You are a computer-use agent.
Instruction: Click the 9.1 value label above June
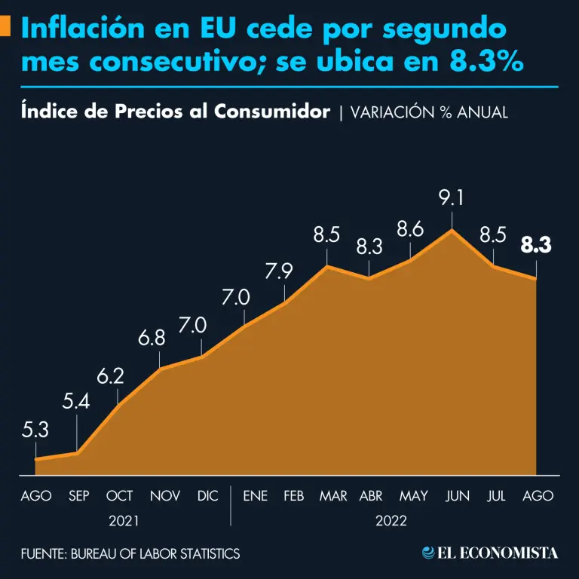click(452, 198)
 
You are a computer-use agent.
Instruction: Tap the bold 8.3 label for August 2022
click(536, 246)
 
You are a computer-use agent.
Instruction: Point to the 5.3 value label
click(35, 430)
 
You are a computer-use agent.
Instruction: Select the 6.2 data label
click(119, 375)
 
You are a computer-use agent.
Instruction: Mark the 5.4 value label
click(76, 402)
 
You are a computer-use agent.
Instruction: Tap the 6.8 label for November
click(159, 339)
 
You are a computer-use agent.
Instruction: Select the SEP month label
click(79, 496)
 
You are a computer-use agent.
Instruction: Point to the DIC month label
click(207, 496)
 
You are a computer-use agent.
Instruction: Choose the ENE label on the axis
click(255, 496)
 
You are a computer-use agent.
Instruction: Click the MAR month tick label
click(332, 496)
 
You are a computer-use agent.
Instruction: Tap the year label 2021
click(124, 521)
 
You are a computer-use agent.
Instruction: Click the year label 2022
click(391, 521)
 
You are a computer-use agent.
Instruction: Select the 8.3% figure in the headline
click(486, 63)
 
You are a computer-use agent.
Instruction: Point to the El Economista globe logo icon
click(429, 553)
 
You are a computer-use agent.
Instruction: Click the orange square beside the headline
click(5, 26)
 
